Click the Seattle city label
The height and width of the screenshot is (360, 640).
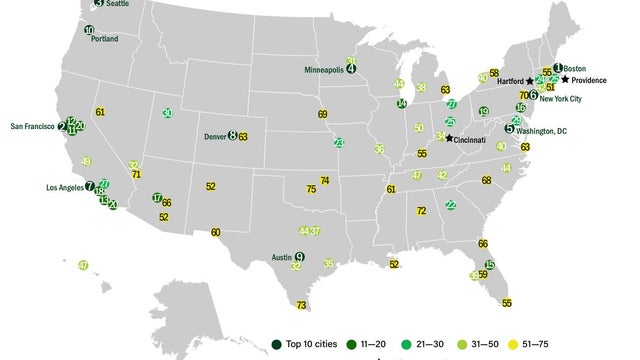coord(118,4)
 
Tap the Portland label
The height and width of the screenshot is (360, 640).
coord(104,39)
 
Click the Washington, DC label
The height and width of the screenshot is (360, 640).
coord(542,130)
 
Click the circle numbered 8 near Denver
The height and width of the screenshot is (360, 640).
coord(233,135)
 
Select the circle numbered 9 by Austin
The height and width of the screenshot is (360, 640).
coord(299,257)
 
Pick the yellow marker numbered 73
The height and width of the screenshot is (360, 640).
coord(301,305)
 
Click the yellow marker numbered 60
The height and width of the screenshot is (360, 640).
coord(216,232)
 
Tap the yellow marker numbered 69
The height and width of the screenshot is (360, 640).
coord(322,114)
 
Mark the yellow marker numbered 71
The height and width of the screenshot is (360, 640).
coord(136,174)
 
